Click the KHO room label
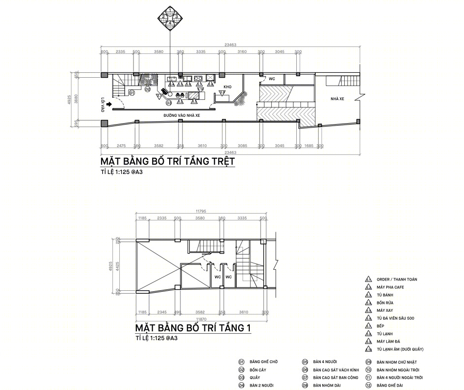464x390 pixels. tap(227, 87)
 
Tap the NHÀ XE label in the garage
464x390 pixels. tap(337, 99)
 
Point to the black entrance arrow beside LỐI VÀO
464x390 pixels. tap(110, 104)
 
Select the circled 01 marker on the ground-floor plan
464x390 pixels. tap(132, 92)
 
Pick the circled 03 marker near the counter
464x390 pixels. tap(168, 103)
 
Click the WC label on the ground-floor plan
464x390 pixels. tap(272, 79)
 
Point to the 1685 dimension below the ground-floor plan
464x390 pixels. tap(308, 146)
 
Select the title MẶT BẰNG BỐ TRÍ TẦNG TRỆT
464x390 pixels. tap(168, 161)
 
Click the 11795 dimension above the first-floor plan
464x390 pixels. tap(201, 211)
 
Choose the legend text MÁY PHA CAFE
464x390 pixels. tap(390, 287)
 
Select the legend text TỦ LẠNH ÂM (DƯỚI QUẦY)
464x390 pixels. tap(400, 349)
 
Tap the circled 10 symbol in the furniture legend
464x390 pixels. tap(368, 370)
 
